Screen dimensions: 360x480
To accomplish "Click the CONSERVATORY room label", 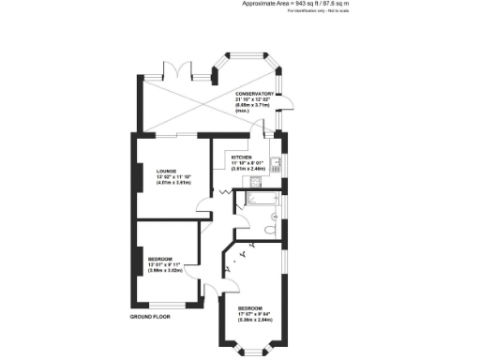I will (255, 94).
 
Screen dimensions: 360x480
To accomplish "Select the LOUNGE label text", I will (166, 170).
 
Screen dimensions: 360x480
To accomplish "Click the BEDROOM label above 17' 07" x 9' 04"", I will (248, 308).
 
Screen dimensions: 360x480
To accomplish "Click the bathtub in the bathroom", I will (257, 198).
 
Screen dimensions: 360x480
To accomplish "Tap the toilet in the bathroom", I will (270, 228).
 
